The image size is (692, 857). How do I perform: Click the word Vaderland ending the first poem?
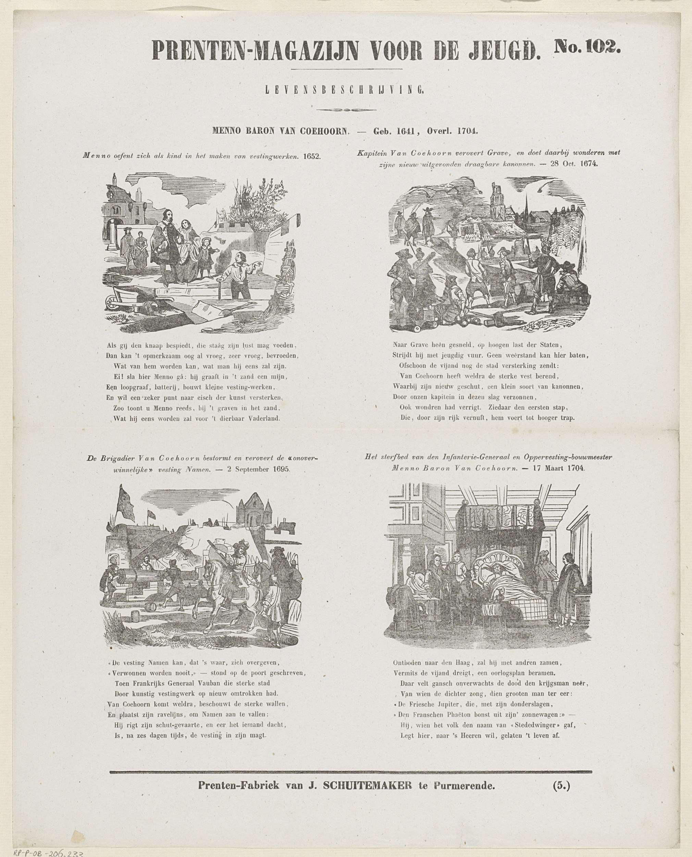click(264, 419)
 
